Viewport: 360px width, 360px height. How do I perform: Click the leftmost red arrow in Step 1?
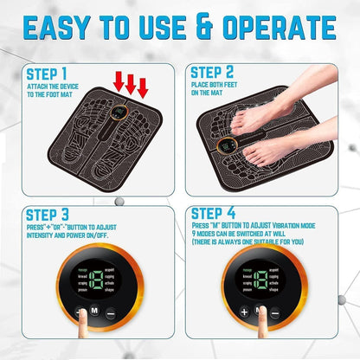pyautogui.click(x=117, y=83)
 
